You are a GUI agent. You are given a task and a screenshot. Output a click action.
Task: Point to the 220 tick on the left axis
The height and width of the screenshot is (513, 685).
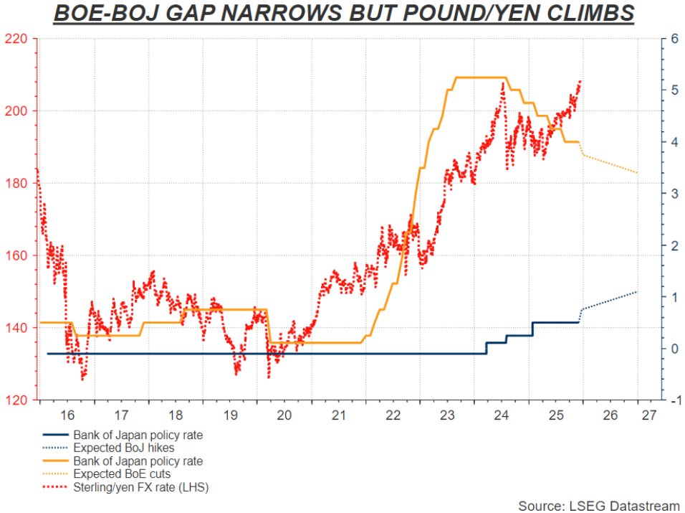pyautogui.click(x=18, y=39)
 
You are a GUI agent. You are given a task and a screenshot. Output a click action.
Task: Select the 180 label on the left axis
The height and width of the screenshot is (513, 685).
pyautogui.click(x=18, y=183)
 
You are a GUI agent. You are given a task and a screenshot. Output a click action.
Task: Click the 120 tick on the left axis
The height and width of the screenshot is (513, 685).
pyautogui.click(x=18, y=400)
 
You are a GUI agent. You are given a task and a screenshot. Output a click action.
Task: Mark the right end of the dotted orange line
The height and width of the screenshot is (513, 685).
pyautogui.click(x=637, y=173)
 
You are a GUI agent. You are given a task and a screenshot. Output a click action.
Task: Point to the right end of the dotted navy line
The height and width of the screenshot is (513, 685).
pyautogui.click(x=637, y=292)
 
